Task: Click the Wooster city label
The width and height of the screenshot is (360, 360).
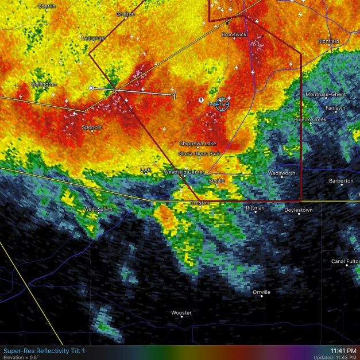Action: [x=181, y=313]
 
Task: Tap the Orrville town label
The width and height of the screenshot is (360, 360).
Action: [x=261, y=292]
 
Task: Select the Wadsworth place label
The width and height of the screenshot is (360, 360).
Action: [x=282, y=173]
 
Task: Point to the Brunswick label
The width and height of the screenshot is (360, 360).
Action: [x=234, y=34]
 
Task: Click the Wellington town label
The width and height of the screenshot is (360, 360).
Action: [x=44, y=84]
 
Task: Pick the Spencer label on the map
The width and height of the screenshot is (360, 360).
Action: [x=92, y=127]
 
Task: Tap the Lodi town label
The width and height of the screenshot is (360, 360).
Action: [x=146, y=170]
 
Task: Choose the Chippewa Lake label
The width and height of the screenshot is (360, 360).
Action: [x=198, y=144]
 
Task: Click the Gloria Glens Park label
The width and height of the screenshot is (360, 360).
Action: [x=199, y=154]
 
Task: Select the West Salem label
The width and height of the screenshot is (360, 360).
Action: [x=98, y=210]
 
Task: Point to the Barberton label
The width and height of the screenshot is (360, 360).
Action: [x=341, y=181]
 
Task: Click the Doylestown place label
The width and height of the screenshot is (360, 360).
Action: [x=299, y=210]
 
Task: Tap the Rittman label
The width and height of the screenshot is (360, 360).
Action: [x=255, y=208]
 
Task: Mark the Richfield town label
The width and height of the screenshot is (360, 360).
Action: [x=329, y=41]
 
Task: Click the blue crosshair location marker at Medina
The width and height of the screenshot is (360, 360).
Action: [x=223, y=103]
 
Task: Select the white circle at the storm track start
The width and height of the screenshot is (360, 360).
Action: [x=91, y=88]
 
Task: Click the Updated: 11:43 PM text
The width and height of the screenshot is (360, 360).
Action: [x=336, y=357]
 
